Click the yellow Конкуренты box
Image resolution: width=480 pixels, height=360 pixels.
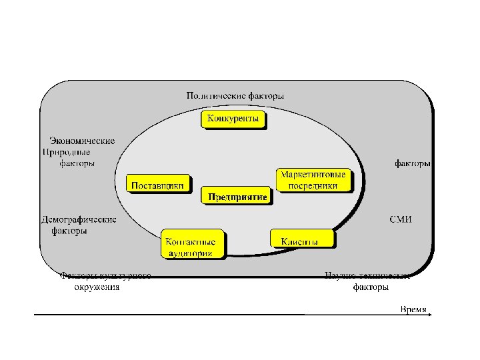point(234,119)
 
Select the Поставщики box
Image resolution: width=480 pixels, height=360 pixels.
point(157,185)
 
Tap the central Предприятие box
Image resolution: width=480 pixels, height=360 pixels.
point(237,196)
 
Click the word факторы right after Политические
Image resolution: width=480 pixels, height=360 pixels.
point(266,95)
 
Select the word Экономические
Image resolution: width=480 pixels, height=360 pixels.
point(82,141)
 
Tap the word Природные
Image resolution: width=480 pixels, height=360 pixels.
point(69,152)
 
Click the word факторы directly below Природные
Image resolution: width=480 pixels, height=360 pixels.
point(77,163)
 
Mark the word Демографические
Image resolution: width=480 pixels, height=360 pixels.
point(79,219)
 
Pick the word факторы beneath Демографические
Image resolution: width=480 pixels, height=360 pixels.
point(69,231)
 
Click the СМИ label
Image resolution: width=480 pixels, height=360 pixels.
point(401,219)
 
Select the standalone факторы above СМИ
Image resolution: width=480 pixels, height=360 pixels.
point(411,163)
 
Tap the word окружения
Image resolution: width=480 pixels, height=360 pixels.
point(97,288)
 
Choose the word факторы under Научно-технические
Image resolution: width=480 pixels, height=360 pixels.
point(370,288)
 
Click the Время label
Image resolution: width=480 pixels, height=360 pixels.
point(413,309)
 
